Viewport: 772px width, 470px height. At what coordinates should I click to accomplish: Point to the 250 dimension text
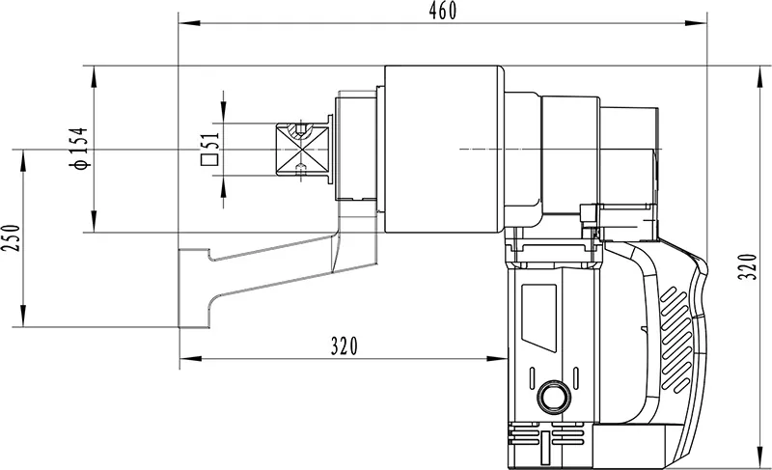pyautogui.click(x=11, y=236)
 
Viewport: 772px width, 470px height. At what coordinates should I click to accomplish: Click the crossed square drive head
pyautogui.click(x=301, y=150)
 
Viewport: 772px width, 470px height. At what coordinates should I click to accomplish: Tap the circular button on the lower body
pyautogui.click(x=554, y=396)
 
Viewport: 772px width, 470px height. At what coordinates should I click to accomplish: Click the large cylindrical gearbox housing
pyautogui.click(x=443, y=150)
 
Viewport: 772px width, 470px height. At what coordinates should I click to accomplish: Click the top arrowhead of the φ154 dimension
pyautogui.click(x=93, y=70)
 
